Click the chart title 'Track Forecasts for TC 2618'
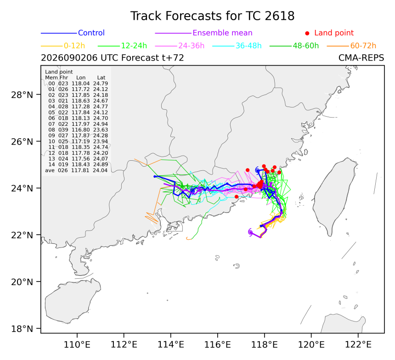(212, 16)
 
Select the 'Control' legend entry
(91, 33)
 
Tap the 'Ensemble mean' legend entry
(222, 33)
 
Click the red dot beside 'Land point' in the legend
(307, 33)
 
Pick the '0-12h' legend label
(74, 46)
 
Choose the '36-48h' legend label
(248, 46)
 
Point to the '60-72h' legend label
(363, 46)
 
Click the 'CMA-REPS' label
(361, 58)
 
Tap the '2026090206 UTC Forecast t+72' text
(113, 58)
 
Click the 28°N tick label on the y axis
(22, 95)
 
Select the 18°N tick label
(22, 329)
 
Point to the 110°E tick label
(77, 344)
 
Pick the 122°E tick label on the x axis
(358, 344)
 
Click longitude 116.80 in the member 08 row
(81, 130)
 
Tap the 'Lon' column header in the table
(81, 78)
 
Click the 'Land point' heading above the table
(59, 72)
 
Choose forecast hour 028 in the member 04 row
(63, 107)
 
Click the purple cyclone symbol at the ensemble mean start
(250, 232)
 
